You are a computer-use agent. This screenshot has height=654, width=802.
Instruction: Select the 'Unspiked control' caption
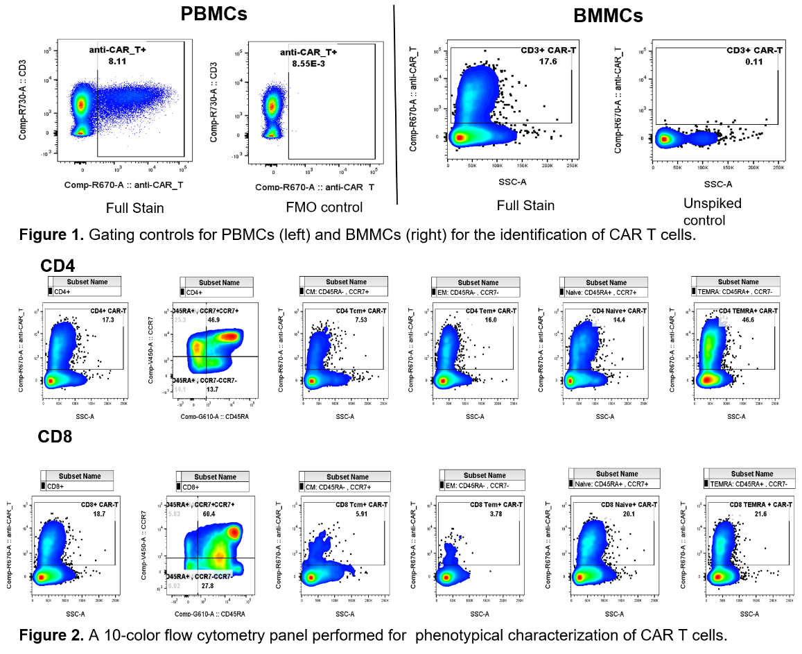click(x=712, y=212)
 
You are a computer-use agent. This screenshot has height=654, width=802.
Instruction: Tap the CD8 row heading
click(x=55, y=437)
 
